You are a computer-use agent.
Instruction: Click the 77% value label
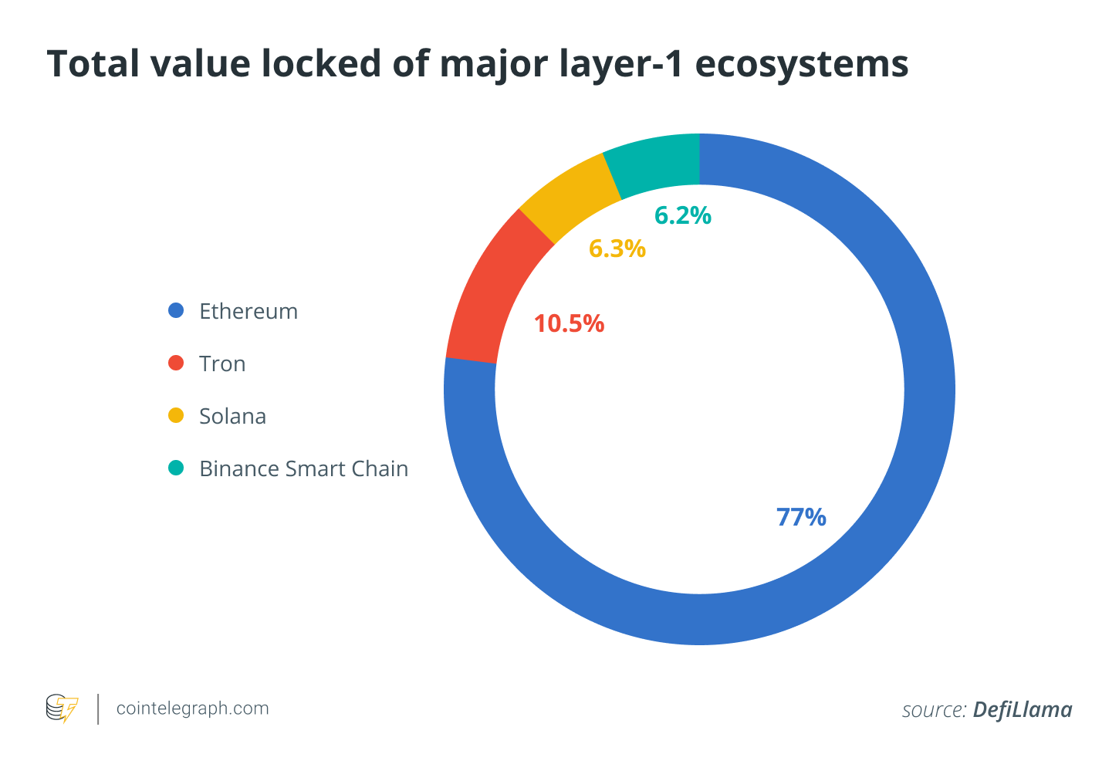pos(801,517)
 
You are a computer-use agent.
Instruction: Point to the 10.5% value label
pos(569,324)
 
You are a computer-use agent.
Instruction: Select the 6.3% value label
pos(617,249)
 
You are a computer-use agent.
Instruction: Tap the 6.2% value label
pos(682,215)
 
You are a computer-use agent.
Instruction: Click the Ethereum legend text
pos(248,311)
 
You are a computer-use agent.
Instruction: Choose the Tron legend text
pos(222,364)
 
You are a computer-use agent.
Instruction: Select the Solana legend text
pos(232,416)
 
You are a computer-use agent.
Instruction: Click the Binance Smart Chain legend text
pos(303,468)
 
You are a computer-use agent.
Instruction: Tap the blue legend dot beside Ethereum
pos(176,310)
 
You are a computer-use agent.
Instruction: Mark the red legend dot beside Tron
pos(176,363)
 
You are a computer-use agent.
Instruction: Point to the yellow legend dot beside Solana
pos(176,415)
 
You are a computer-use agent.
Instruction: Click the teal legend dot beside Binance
pos(176,468)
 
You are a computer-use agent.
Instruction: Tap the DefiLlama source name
pos(1022,709)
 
